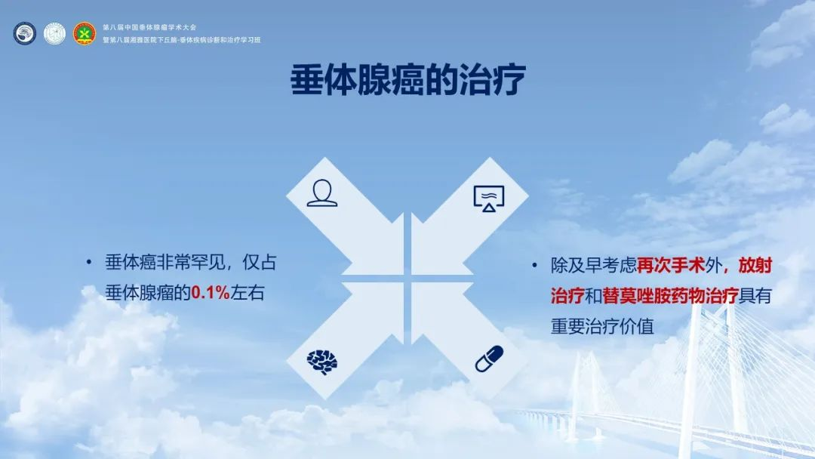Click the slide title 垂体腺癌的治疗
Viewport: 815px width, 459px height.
click(408, 79)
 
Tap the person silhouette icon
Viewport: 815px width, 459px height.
click(321, 193)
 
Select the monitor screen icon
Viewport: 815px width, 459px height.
click(488, 198)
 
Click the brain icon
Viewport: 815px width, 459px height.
click(321, 362)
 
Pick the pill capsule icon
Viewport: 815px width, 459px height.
click(489, 359)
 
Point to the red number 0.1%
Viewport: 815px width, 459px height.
click(211, 293)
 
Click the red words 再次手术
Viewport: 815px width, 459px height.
click(671, 266)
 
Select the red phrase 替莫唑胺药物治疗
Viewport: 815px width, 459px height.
click(671, 296)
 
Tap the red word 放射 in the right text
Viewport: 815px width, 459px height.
click(755, 266)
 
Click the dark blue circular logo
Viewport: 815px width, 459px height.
click(24, 33)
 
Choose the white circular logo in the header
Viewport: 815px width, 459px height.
click(54, 33)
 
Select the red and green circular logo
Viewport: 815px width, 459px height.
click(85, 33)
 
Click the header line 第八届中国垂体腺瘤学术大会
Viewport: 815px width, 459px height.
click(149, 27)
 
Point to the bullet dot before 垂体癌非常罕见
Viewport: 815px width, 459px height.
click(89, 263)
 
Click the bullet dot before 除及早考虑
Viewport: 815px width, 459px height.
click(534, 266)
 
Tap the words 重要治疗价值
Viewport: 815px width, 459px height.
click(602, 326)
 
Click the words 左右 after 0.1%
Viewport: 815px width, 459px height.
click(248, 293)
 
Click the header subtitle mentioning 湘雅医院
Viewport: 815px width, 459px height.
click(181, 39)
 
